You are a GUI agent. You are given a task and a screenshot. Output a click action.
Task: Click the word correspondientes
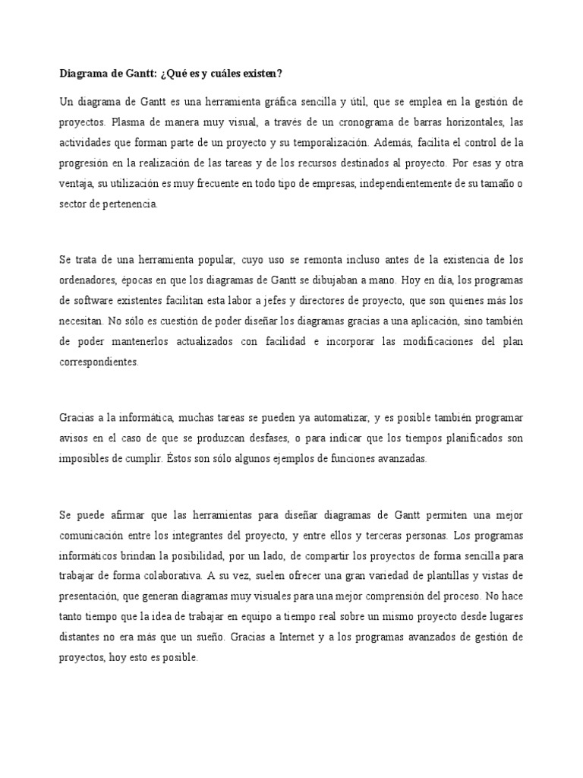point(99,363)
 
